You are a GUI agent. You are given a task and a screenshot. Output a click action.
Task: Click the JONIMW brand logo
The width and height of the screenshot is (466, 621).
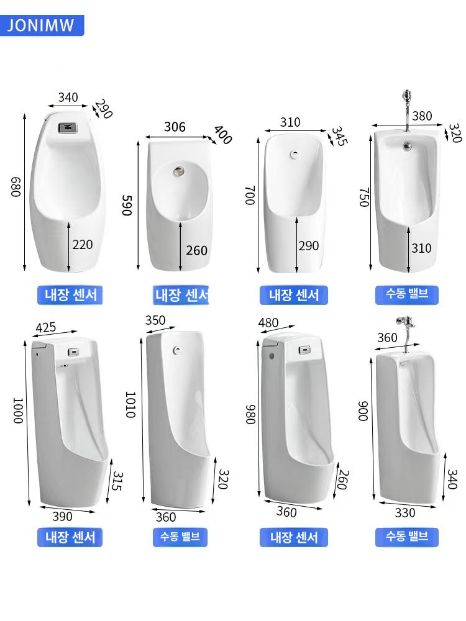coord(41,25)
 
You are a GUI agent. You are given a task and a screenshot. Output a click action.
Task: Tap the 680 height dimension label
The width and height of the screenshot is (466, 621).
coord(15,187)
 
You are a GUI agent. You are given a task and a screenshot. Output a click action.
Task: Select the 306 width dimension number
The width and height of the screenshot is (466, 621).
coord(175,127)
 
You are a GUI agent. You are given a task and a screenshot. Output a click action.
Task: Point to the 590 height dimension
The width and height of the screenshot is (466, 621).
coord(126,205)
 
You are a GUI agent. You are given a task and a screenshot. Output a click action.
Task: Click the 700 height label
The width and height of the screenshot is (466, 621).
coord(250,195)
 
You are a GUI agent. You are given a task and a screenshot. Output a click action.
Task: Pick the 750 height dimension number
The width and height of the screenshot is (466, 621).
coord(364,197)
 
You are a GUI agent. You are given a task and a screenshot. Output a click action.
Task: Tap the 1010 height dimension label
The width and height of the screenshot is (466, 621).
coord(130,405)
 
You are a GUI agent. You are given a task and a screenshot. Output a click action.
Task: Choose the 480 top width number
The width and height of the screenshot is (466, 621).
coord(268,323)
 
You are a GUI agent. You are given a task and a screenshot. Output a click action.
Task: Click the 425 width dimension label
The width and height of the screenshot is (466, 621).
coord(46,328)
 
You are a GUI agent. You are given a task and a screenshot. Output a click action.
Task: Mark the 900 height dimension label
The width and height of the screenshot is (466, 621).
coord(363,410)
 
